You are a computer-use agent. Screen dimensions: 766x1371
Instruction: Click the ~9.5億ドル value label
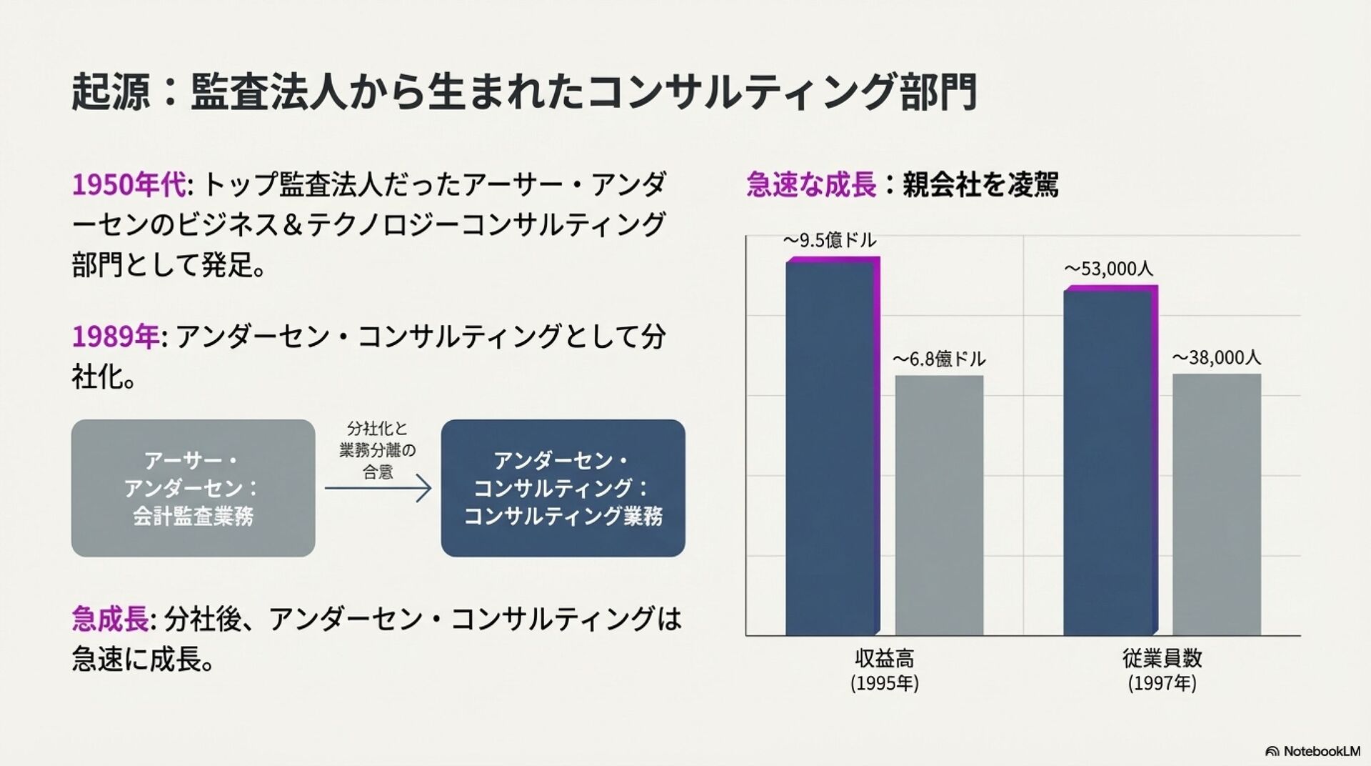(x=830, y=241)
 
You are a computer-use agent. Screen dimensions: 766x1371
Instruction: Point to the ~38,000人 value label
(x=1217, y=357)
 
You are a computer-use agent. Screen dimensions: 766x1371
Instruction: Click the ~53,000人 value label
(x=1108, y=269)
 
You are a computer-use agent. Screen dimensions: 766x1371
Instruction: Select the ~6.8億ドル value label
(x=939, y=359)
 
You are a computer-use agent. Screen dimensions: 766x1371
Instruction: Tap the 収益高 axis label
(x=884, y=658)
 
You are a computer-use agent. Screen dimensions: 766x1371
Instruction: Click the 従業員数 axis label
(x=1162, y=658)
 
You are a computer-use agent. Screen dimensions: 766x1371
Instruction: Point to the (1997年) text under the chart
(x=1162, y=684)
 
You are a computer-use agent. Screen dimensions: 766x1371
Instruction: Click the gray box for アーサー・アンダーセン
(x=193, y=488)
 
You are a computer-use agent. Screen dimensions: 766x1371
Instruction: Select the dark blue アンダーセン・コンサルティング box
(x=563, y=488)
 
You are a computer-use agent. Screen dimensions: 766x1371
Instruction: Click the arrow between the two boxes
(x=378, y=489)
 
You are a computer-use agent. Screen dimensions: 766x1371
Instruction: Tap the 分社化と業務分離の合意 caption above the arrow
(x=378, y=450)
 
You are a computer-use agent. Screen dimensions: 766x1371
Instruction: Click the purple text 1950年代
(x=129, y=185)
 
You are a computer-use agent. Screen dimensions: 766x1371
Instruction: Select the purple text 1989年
(x=116, y=337)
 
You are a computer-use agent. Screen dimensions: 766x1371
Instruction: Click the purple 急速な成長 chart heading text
(x=810, y=185)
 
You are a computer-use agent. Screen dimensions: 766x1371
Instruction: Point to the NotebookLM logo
(x=1312, y=751)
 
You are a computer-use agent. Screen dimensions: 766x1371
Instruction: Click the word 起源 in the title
(x=111, y=92)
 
